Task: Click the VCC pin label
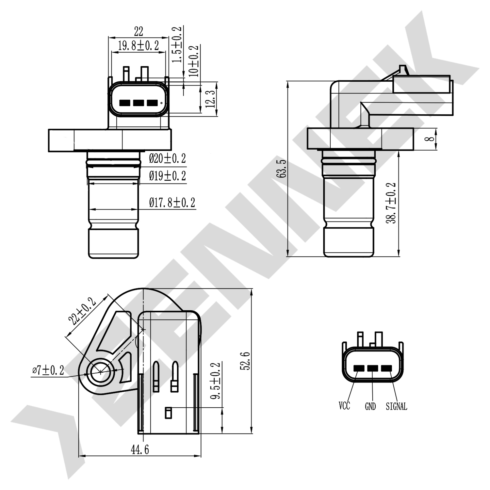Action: [344, 406]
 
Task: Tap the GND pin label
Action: [370, 406]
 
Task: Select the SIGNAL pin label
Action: [396, 406]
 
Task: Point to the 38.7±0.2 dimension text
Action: [391, 203]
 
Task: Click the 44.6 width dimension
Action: [140, 450]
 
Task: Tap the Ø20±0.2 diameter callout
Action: [167, 159]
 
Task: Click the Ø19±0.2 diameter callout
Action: [167, 176]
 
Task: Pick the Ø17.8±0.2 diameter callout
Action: [172, 203]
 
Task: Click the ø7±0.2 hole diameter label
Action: [48, 370]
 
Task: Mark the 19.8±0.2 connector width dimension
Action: [139, 46]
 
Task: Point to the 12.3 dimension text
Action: [211, 99]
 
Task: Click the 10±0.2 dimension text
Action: [194, 61]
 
